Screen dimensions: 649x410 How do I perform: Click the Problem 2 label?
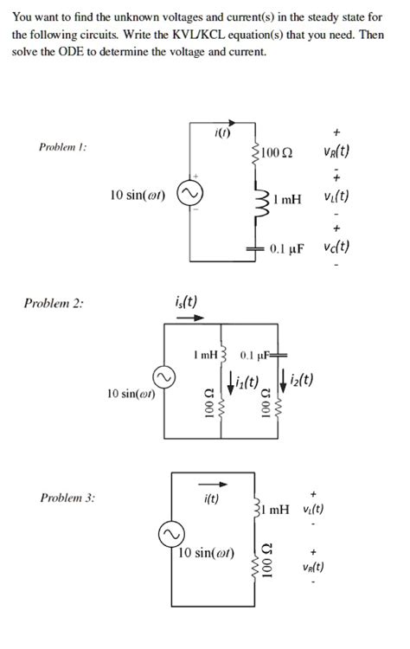click(54, 303)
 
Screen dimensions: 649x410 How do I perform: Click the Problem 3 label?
click(68, 498)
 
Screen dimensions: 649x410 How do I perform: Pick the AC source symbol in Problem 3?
click(169, 535)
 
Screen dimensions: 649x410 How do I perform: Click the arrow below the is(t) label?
click(183, 317)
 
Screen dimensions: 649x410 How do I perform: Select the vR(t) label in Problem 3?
click(314, 568)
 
